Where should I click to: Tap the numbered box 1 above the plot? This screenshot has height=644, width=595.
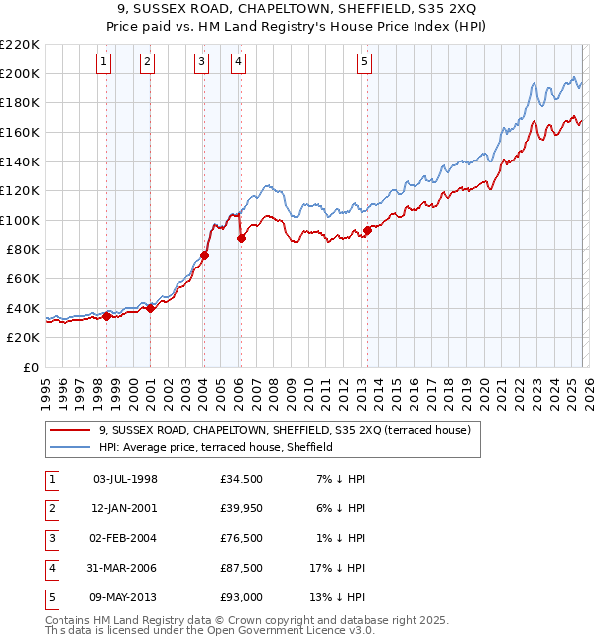[104, 62]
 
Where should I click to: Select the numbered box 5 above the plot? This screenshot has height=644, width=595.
[364, 62]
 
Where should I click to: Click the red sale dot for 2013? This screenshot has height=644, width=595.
[367, 230]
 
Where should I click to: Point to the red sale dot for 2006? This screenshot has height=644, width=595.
[241, 238]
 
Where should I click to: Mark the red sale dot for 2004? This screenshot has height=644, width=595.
[204, 255]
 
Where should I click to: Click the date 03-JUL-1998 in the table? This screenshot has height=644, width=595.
[125, 479]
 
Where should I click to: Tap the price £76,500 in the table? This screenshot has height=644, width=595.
[242, 538]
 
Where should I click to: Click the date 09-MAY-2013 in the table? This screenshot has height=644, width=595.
[125, 597]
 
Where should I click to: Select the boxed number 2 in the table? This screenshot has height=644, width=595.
[51, 508]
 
